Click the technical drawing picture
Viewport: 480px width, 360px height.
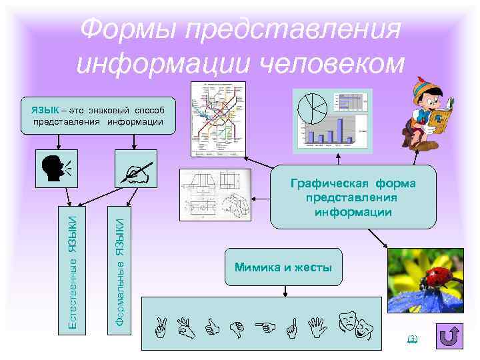click(x=215, y=193)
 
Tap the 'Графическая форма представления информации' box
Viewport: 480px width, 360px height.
click(x=353, y=197)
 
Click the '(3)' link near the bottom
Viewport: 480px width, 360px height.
click(x=412, y=339)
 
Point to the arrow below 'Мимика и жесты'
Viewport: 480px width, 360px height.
click(x=285, y=291)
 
